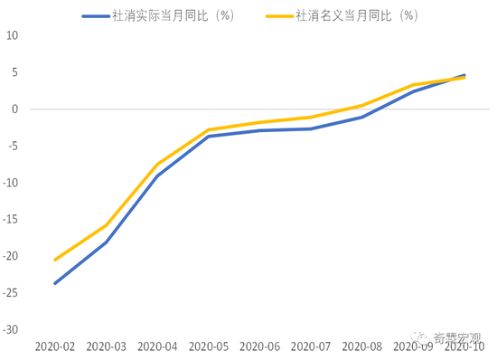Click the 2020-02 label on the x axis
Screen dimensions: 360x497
point(55,346)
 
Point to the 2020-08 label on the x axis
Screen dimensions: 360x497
point(361,346)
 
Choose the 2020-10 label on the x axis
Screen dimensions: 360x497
point(464,346)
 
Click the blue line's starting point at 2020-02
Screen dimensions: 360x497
point(55,283)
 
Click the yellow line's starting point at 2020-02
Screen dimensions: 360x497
point(55,260)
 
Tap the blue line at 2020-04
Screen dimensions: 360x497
point(157,175)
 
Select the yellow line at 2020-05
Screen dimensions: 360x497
point(209,130)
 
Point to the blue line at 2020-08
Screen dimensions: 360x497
point(361,117)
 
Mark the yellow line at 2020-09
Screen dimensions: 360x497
point(413,85)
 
